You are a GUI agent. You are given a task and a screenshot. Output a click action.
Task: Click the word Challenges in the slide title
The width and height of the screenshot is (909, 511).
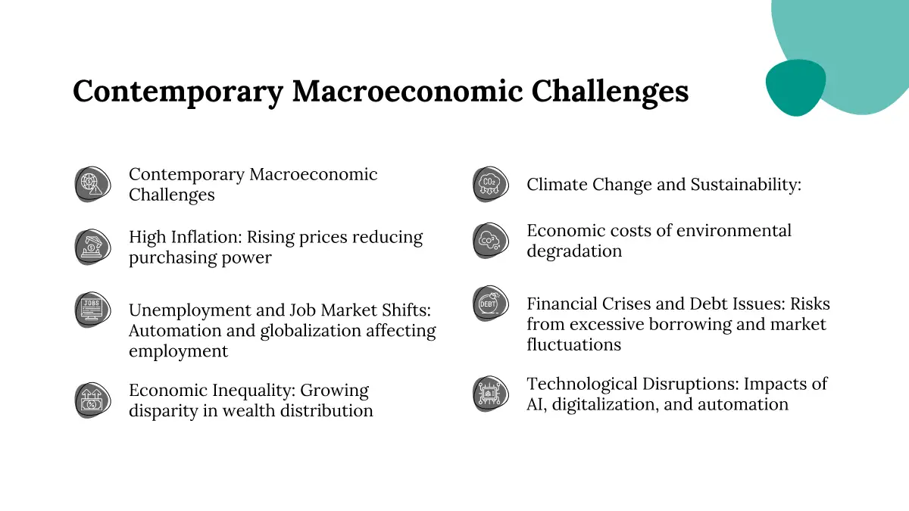click(x=610, y=92)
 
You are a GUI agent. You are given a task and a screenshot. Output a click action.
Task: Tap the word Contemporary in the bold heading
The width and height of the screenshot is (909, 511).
click(x=178, y=92)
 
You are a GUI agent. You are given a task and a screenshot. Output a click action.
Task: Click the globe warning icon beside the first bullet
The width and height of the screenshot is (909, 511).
click(x=92, y=184)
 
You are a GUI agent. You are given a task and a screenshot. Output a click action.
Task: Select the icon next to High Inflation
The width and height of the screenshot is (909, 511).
click(x=92, y=247)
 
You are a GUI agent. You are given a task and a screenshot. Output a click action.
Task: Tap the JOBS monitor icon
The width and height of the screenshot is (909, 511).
click(x=92, y=310)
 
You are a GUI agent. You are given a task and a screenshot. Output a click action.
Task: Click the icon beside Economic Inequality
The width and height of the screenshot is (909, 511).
click(x=92, y=400)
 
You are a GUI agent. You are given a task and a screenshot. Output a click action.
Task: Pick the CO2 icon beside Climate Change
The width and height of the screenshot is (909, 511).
click(x=490, y=184)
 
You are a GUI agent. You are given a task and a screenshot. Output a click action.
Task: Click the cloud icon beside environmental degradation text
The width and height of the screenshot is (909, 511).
click(x=490, y=241)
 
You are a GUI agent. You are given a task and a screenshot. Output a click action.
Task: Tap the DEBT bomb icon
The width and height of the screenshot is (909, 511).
click(x=490, y=304)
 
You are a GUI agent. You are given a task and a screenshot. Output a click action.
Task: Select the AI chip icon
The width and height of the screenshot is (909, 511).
click(x=490, y=394)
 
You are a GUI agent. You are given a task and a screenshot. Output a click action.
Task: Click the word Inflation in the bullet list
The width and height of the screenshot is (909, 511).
click(x=206, y=237)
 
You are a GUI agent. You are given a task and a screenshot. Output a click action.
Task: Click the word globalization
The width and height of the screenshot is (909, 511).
click(x=311, y=332)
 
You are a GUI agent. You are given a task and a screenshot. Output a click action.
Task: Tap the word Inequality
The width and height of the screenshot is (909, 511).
click(x=254, y=391)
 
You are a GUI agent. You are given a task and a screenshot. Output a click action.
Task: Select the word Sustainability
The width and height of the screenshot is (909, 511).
click(x=746, y=185)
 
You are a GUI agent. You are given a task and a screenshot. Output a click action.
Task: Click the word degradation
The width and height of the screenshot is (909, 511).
click(x=574, y=252)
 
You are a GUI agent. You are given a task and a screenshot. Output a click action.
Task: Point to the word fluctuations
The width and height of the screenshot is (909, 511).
click(x=574, y=344)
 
